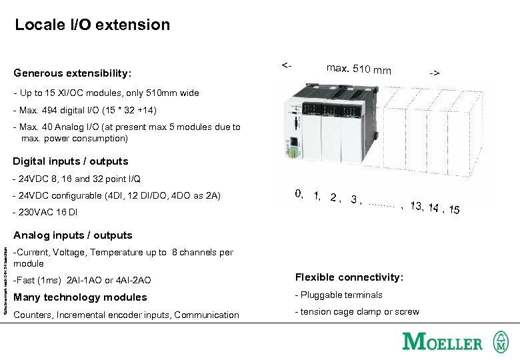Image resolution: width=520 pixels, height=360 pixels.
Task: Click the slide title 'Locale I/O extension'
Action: tap(93, 25)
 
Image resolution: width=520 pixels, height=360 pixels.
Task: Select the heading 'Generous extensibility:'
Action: tap(73, 73)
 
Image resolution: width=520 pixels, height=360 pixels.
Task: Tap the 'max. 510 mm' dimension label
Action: tap(359, 69)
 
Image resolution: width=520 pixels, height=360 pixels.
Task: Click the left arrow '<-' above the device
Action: tap(285, 65)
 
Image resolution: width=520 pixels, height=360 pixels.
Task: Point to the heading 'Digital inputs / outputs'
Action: tap(71, 161)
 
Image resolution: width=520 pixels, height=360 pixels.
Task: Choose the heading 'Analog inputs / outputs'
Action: tap(73, 235)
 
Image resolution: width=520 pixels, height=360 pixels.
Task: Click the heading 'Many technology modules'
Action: tap(80, 297)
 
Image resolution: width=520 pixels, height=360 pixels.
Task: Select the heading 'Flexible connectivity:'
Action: tap(349, 277)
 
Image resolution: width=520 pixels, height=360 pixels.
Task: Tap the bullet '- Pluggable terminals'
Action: tap(339, 295)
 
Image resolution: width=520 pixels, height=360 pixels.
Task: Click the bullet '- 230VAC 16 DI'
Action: tap(45, 212)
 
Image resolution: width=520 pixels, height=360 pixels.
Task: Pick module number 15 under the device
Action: tap(454, 210)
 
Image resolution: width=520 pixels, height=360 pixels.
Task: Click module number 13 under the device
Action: tap(417, 205)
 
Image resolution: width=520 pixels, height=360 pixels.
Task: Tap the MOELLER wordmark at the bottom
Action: tap(442, 343)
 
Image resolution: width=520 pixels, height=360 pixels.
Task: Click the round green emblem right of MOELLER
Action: tap(501, 343)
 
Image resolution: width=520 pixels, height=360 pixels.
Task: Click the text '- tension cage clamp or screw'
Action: tap(357, 312)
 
